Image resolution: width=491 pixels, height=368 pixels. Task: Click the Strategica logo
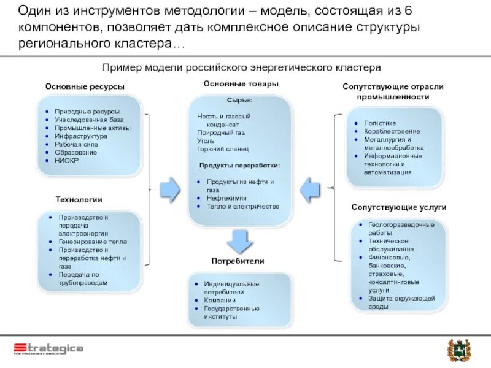pos(48,348)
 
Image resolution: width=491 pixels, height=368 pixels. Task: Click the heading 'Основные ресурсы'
pos(85,87)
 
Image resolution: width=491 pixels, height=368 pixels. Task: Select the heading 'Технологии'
pos(79,199)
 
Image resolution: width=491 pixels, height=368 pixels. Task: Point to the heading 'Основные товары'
pos(241,83)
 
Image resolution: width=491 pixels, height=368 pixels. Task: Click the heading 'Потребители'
pos(238,261)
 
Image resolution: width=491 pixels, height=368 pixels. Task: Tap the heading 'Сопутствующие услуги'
pos(399,207)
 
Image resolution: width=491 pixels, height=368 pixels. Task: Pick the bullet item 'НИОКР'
pos(66,160)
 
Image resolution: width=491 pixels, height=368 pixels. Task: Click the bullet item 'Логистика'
pos(380,123)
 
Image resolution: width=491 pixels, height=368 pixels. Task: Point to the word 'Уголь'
pos(206,140)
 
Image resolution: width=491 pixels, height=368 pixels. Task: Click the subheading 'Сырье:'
pos(239,99)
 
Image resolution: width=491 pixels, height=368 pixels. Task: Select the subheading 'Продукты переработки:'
pos(240,166)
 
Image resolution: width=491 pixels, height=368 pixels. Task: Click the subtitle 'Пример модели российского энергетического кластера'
pos(242,66)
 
